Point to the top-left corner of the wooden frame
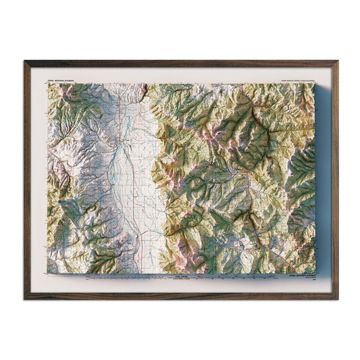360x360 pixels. (x=25, y=61)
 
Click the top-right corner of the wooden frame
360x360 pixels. (x=337, y=61)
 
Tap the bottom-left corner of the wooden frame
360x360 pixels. (x=25, y=299)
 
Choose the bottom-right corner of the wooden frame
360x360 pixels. (x=337, y=299)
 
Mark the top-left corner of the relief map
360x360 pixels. (x=48, y=84)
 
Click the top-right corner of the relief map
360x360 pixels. (x=315, y=84)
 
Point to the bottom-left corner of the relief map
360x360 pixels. (x=48, y=274)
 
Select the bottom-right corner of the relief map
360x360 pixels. (x=315, y=274)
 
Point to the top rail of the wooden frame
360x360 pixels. (x=181, y=63)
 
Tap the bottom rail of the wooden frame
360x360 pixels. (x=181, y=297)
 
